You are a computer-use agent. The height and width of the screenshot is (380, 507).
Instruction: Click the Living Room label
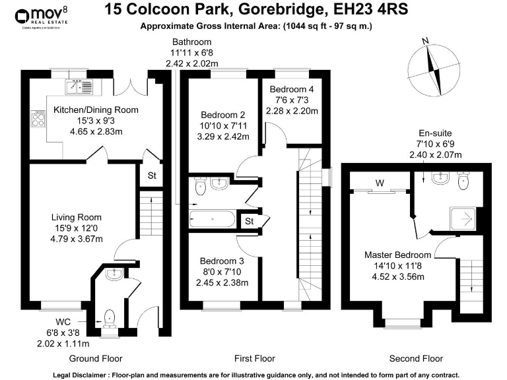pyautogui.click(x=77, y=217)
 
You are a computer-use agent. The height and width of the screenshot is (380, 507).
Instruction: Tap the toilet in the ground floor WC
pyautogui.click(x=109, y=319)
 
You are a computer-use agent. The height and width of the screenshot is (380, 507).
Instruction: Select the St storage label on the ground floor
pyautogui.click(x=151, y=177)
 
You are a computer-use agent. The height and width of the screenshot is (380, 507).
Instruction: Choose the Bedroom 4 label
pyautogui.click(x=292, y=89)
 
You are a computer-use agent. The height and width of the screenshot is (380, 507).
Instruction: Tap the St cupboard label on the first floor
pyautogui.click(x=249, y=221)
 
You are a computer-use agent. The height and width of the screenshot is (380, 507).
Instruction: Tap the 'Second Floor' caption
pyautogui.click(x=416, y=358)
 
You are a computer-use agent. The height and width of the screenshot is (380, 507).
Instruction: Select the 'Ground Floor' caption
pyautogui.click(x=96, y=358)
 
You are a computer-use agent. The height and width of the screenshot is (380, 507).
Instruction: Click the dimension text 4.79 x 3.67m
pyautogui.click(x=77, y=239)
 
